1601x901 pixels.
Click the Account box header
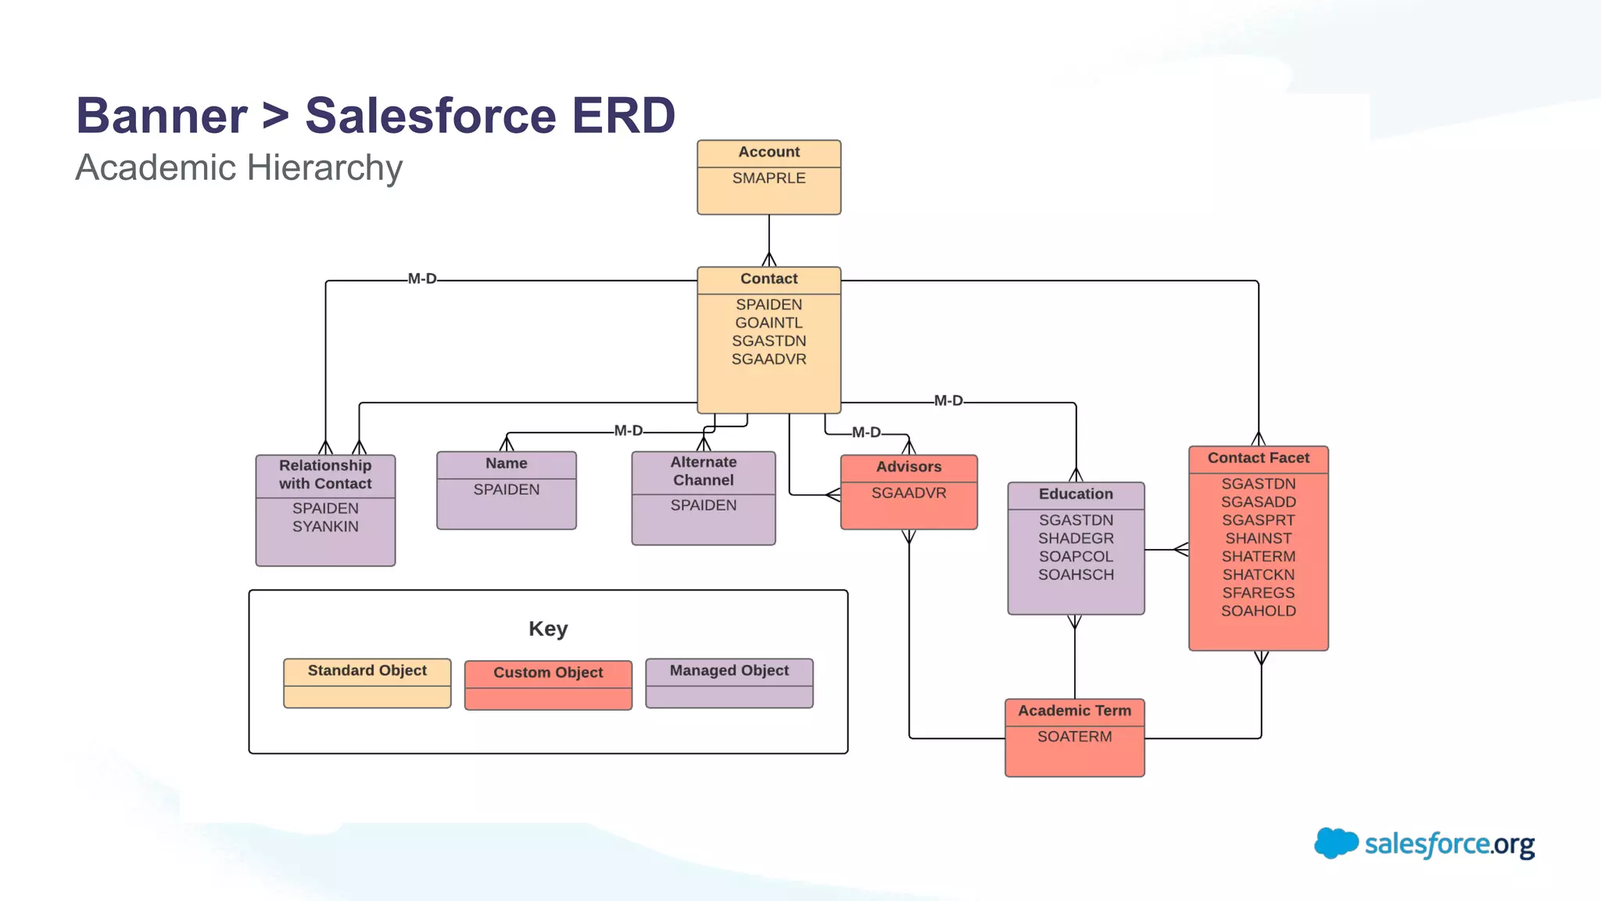pos(768,153)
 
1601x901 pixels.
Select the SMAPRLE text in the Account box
pos(768,178)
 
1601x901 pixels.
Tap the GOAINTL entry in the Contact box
pos(768,323)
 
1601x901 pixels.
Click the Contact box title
pos(768,279)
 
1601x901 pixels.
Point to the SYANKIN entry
pos(325,527)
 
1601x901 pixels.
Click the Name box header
pos(506,464)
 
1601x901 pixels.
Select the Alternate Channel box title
pos(703,472)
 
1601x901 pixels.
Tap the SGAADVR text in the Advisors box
pos(908,494)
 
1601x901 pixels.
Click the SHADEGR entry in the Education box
pos(1076,539)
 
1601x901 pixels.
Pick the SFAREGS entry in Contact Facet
pos(1258,594)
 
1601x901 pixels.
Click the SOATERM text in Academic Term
pos(1074,737)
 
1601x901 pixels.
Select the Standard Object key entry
pos(367,671)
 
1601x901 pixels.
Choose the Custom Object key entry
pos(548,673)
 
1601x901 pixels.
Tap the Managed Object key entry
pos(729,671)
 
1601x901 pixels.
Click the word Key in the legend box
pos(548,629)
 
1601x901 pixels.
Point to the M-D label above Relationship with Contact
pos(422,279)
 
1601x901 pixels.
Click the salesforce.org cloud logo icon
pos(1335,843)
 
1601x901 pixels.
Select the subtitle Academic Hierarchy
pos(238,168)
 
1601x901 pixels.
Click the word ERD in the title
pos(623,116)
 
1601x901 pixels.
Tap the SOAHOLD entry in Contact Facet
pos(1258,612)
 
